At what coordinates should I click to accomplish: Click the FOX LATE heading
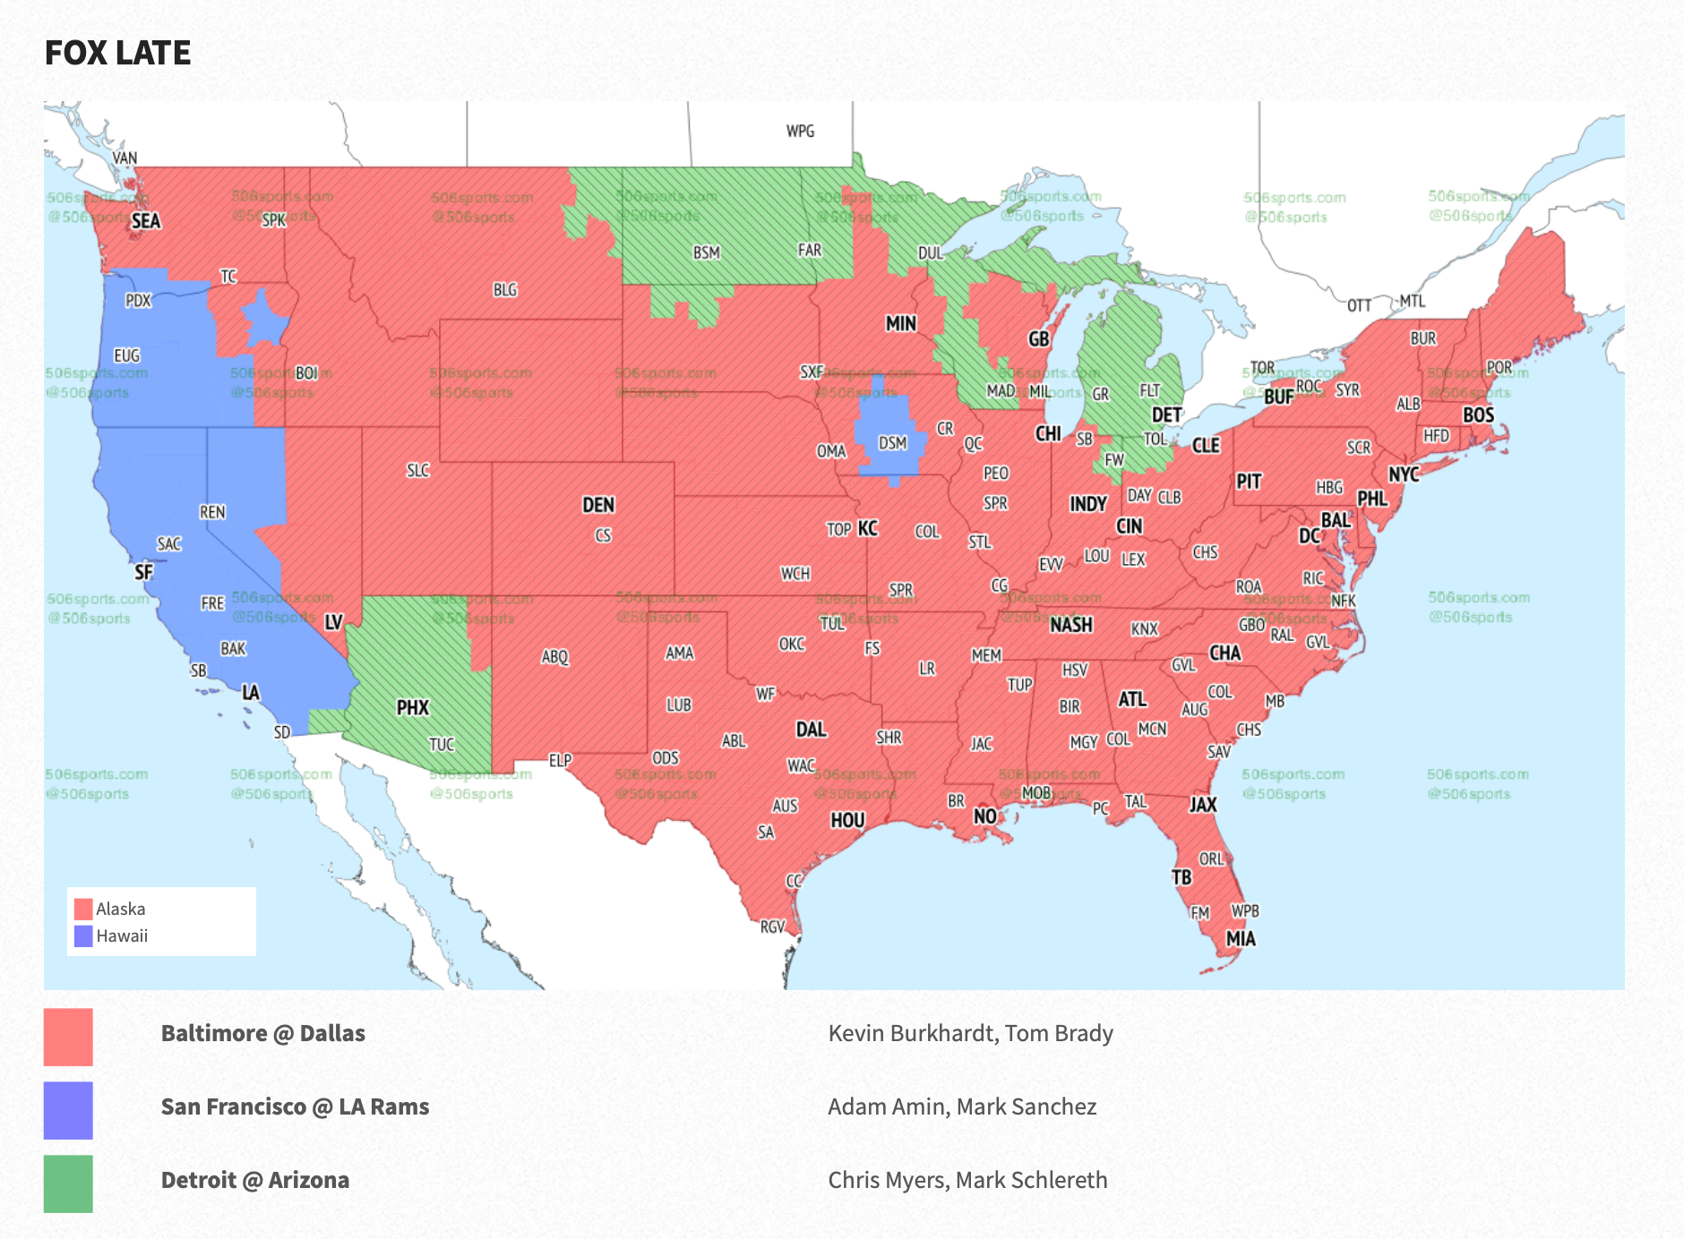pyautogui.click(x=117, y=53)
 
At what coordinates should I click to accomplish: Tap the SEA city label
pyautogui.click(x=146, y=221)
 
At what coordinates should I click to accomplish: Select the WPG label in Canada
pyautogui.click(x=800, y=132)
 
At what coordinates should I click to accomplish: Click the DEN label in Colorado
pyautogui.click(x=598, y=505)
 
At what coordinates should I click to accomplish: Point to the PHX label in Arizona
pyautogui.click(x=413, y=708)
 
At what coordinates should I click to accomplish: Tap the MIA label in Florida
pyautogui.click(x=1241, y=939)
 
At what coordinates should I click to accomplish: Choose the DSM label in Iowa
pyautogui.click(x=892, y=443)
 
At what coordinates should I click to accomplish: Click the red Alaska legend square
pyautogui.click(x=83, y=909)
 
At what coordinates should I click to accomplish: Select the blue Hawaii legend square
pyautogui.click(x=83, y=936)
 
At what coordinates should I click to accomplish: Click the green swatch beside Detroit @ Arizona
pyautogui.click(x=68, y=1183)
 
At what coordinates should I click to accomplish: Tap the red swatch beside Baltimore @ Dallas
pyautogui.click(x=68, y=1037)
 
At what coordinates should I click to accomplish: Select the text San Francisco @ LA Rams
pyautogui.click(x=295, y=1107)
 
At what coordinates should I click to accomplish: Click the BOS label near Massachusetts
pyautogui.click(x=1478, y=415)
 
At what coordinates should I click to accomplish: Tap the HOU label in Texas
pyautogui.click(x=847, y=820)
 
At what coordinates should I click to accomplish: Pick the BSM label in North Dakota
pyautogui.click(x=706, y=253)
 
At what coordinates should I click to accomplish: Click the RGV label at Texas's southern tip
pyautogui.click(x=772, y=927)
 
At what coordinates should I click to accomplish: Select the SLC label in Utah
pyautogui.click(x=417, y=471)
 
